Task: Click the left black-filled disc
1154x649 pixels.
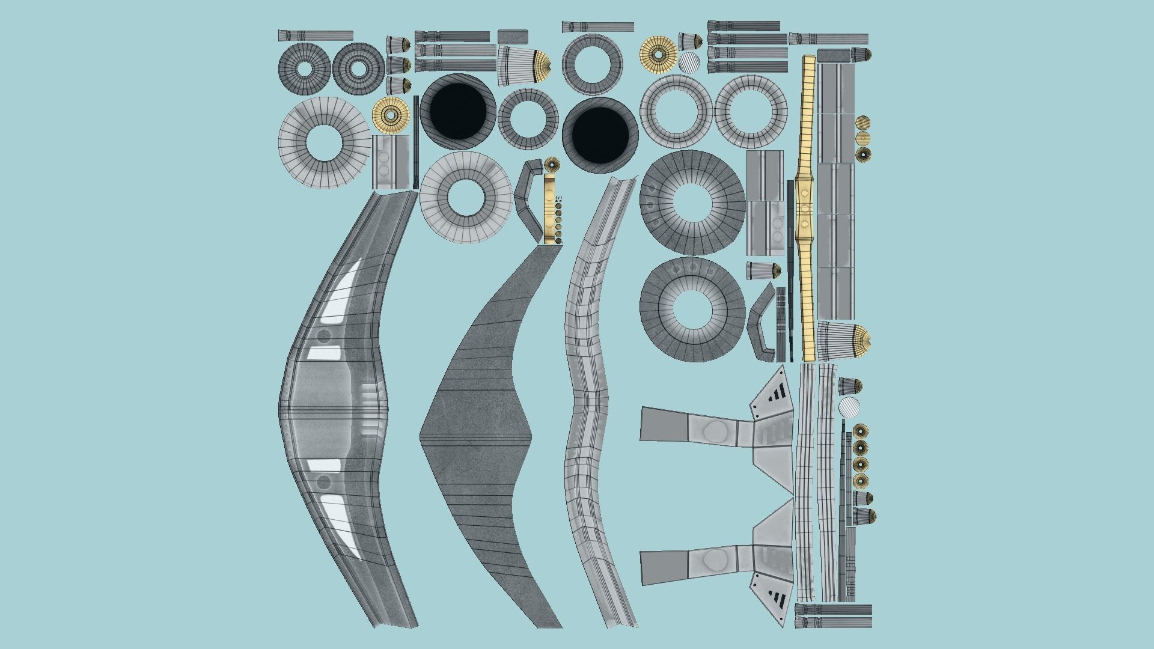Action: coord(458,111)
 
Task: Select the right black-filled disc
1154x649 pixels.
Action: coord(599,135)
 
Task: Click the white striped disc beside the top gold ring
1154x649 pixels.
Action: coord(689,62)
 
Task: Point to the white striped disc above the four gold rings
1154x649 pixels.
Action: coord(849,407)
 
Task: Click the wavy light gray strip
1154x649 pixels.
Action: coord(592,397)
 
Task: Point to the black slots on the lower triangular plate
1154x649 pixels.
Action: coord(776,597)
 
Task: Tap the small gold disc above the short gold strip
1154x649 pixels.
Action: coord(551,163)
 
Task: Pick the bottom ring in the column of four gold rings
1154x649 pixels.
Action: coord(861,480)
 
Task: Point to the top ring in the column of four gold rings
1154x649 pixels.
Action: coord(861,431)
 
